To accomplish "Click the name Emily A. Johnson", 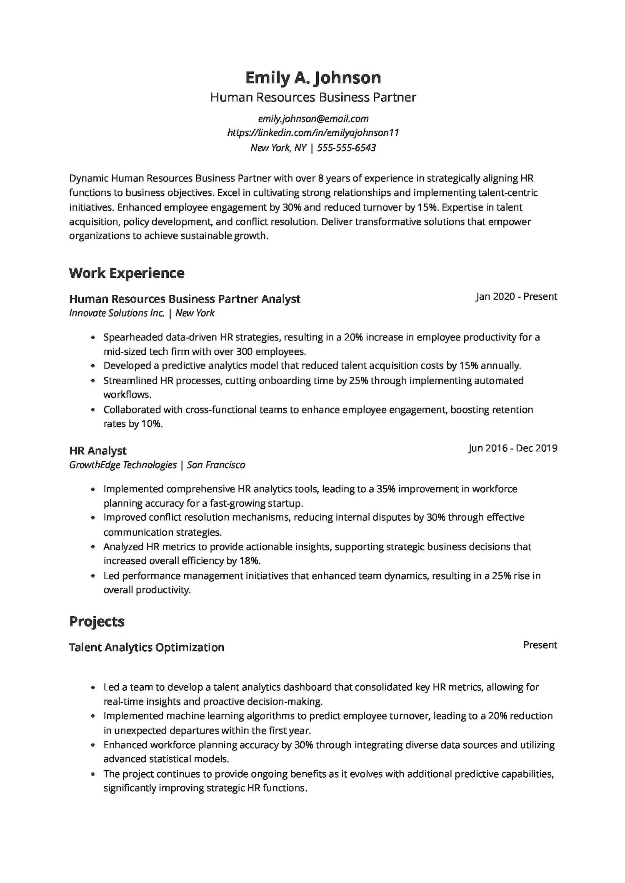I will [313, 78].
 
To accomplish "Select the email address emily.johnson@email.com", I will [313, 119].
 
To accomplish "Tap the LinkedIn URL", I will [313, 133].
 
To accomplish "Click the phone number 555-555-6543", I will [346, 148].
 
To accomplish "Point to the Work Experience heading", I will [127, 273].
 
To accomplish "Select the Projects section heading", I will [97, 621].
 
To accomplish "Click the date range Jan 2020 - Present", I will [516, 296].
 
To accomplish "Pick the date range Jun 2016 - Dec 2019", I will [513, 448].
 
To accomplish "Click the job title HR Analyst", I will [97, 450].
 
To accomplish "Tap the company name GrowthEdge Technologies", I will [123, 465].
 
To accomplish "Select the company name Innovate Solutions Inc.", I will [117, 313].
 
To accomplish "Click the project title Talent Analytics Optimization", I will [147, 647].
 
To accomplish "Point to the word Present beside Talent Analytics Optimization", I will [540, 645].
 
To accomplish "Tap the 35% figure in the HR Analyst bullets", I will [385, 489].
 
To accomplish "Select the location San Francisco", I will [216, 465].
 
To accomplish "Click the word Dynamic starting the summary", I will [89, 179].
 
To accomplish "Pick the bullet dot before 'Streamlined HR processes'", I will [93, 381].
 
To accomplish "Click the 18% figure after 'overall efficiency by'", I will [249, 561].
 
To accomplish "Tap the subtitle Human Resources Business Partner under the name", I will [313, 97].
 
